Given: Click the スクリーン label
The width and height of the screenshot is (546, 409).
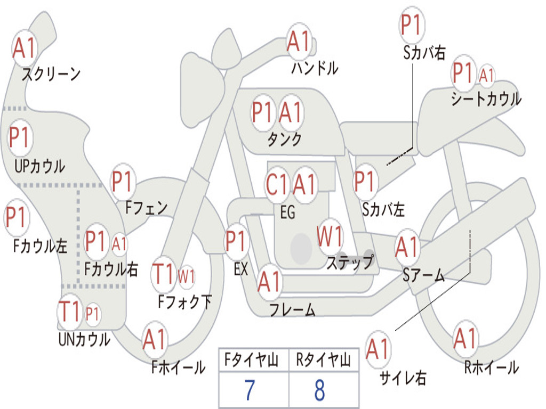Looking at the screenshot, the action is click(51, 74).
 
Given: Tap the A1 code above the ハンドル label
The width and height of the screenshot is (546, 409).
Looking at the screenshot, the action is click(299, 42).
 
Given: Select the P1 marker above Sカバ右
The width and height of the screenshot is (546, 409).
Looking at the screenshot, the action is click(412, 24).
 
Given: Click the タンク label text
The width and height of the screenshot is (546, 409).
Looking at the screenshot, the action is click(285, 139).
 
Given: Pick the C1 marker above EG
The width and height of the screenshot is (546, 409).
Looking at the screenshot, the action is click(277, 184).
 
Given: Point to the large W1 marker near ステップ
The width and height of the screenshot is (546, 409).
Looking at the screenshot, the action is click(330, 236).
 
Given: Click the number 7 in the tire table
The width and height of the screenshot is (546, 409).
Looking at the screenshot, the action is click(250, 390).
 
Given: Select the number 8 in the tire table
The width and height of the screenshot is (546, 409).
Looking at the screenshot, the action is click(320, 390).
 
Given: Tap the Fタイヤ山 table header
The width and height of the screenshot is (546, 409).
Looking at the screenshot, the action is click(252, 359).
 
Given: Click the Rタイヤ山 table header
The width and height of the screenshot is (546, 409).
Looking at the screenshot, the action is click(323, 359).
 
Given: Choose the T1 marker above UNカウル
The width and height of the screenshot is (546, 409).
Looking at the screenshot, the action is click(70, 312).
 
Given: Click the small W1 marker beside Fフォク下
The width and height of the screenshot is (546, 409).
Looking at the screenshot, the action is click(186, 277).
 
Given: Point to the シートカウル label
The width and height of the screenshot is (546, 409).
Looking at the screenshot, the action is click(486, 99).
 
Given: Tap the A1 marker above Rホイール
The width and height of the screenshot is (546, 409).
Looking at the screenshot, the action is click(465, 338).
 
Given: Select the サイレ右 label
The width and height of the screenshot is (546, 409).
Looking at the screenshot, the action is click(403, 378).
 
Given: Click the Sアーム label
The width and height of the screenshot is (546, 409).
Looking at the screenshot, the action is click(423, 275).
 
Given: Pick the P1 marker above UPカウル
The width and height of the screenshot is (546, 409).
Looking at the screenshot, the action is click(20, 138).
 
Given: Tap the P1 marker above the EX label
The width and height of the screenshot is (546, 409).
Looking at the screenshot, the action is click(237, 241).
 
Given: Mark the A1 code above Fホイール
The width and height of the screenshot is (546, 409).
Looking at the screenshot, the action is click(154, 339).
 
